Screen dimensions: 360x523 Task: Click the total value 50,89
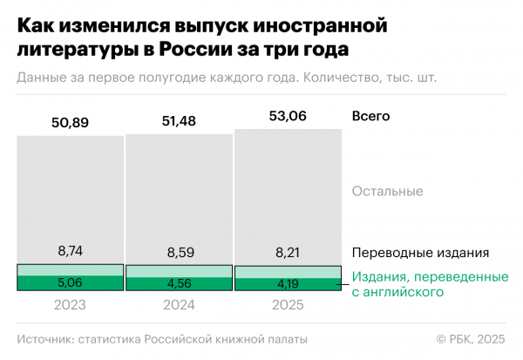pos(70,122)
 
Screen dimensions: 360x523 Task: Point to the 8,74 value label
pos(70,250)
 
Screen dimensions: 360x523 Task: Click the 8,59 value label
pos(179,252)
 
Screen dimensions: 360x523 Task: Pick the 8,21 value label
pos(288,254)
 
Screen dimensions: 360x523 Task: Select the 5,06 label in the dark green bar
pos(70,282)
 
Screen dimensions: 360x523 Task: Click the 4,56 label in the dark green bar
pos(179,283)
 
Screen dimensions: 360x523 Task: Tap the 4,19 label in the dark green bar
pos(288,283)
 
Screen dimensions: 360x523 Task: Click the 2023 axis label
pos(70,306)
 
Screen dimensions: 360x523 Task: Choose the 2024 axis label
pos(179,306)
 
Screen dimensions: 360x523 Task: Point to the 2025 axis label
pos(288,306)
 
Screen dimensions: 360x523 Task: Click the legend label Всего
pos(370,116)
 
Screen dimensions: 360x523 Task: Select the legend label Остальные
pos(388,191)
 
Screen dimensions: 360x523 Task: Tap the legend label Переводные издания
pos(420,253)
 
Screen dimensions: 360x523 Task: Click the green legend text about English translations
pos(430,284)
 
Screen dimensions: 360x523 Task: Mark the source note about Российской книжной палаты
pos(162,339)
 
